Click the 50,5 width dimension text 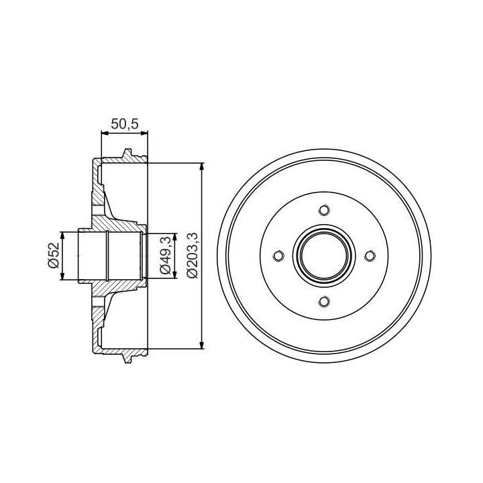point(125,124)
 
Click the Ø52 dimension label point(53,255)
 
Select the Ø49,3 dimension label point(165,255)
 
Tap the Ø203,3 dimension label point(193,256)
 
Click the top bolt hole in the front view point(324,211)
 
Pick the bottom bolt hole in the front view point(324,301)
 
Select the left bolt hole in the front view point(278,256)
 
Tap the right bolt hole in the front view point(370,256)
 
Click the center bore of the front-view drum point(324,256)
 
